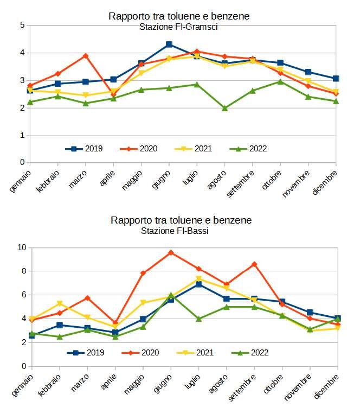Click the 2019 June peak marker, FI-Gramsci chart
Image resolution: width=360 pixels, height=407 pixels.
169,44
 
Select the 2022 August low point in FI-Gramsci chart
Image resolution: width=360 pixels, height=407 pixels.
225,108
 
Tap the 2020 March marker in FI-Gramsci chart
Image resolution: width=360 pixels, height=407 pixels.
86,56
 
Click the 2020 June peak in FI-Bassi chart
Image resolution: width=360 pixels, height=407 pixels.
171,252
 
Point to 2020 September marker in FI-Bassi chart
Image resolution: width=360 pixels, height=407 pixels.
254,264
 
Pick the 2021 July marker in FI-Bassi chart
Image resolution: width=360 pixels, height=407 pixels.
198,279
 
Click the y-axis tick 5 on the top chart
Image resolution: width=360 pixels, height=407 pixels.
22,25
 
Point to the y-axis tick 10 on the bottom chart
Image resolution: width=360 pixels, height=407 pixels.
20,247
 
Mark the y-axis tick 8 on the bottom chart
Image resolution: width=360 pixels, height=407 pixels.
22,271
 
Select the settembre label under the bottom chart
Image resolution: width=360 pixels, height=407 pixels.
242,387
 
